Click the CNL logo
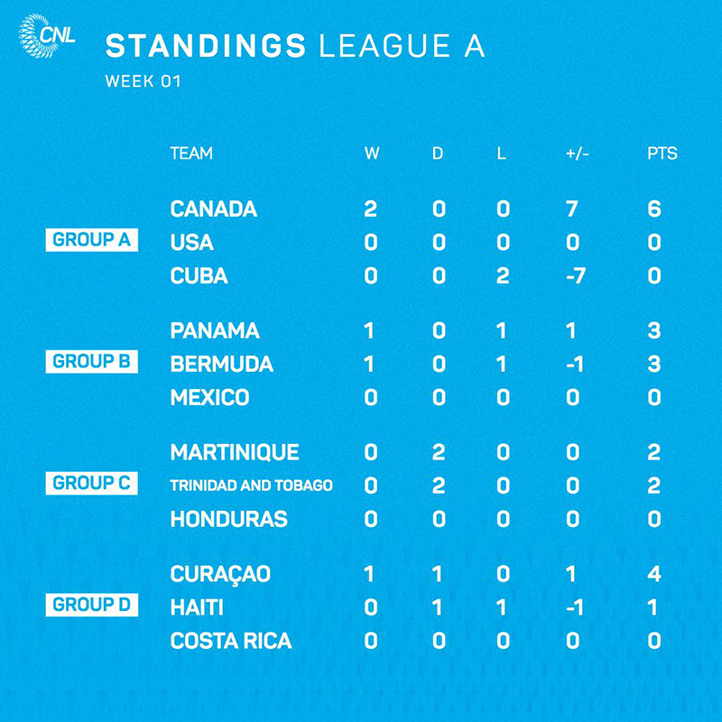point(47,36)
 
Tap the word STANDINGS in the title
point(206,46)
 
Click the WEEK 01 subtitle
point(143,81)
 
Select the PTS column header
point(662,153)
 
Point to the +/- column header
point(577,153)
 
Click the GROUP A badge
point(92,240)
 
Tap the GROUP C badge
point(92,483)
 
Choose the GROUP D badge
point(92,605)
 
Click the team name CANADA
point(214,209)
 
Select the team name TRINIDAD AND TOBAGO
point(252,486)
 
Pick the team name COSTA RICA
point(231,641)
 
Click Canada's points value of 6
point(653,209)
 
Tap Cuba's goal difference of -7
point(576,276)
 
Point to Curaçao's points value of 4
point(654,574)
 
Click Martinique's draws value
point(439,452)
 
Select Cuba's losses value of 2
point(503,276)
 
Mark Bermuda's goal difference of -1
point(575,365)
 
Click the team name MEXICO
point(210,397)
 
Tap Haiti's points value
point(653,607)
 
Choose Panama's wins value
point(369,330)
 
